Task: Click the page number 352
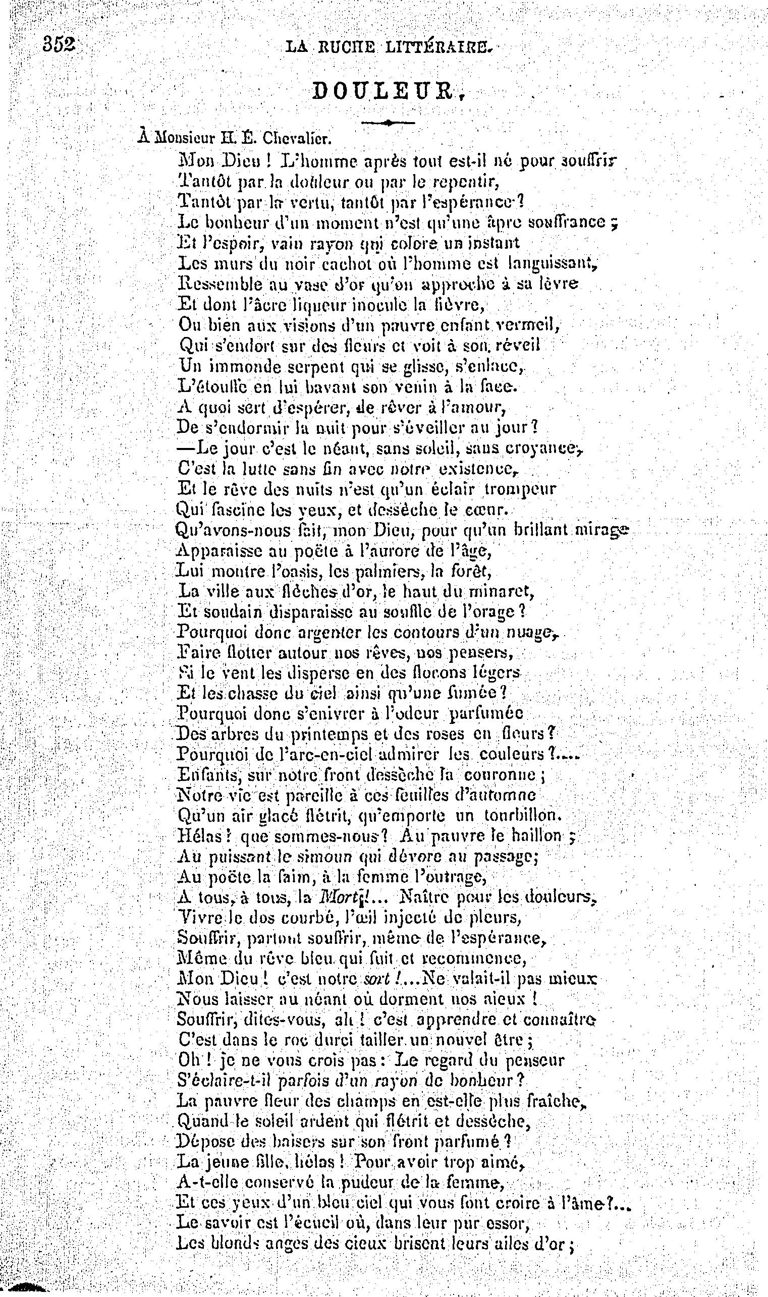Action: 60,44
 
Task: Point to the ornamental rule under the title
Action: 388,123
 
